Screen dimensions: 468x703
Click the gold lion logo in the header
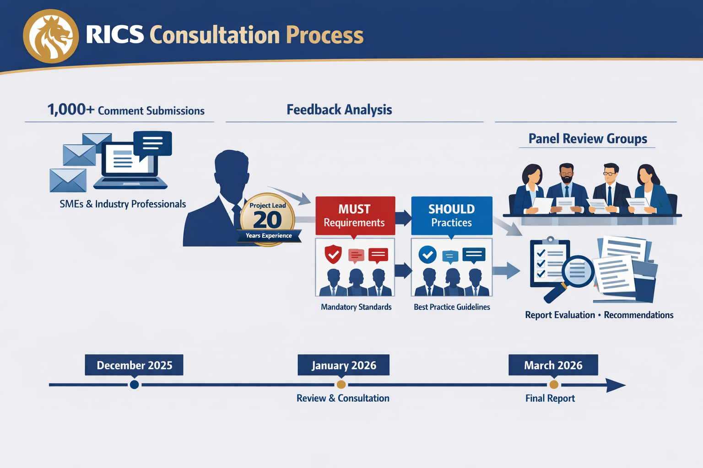[x=51, y=36]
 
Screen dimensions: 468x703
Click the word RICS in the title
[x=114, y=35]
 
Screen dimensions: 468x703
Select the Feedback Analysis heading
[x=339, y=110]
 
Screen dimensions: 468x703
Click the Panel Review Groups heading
[x=588, y=138]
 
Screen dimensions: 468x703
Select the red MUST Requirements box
[x=355, y=216]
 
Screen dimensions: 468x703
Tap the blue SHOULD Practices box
[x=451, y=216]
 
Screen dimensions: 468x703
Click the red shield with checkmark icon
[x=333, y=254]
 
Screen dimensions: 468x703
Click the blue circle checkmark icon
[x=427, y=255]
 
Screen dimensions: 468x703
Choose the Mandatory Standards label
[x=356, y=307]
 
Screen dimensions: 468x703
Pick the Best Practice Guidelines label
[x=452, y=307]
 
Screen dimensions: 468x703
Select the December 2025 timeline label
[x=134, y=365]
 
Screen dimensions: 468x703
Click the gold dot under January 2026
[x=341, y=385]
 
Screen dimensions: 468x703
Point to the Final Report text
[x=550, y=399]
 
